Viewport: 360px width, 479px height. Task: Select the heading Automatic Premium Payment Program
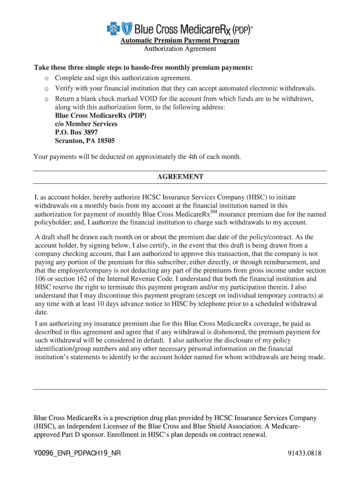tap(180, 41)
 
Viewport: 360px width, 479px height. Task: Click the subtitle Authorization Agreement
tap(180, 49)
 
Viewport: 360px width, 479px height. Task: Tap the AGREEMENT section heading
tap(180, 177)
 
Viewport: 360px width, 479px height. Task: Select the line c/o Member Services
tap(86, 124)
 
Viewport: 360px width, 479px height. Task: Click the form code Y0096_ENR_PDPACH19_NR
tap(77, 453)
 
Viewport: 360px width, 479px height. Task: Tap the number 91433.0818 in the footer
tap(305, 453)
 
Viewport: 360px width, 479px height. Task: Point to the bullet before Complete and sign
tap(46, 78)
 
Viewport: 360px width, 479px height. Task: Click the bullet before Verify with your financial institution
tap(46, 88)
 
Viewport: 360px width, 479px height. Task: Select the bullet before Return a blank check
tap(46, 99)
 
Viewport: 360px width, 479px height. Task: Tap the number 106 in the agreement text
tap(41, 279)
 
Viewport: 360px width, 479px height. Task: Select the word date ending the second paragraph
tap(41, 312)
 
